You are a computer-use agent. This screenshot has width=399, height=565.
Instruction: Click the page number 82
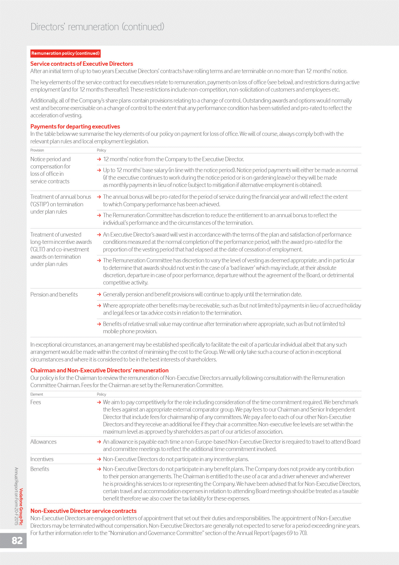pyautogui.click(x=17, y=540)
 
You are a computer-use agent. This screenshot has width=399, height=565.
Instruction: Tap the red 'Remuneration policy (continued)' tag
pyautogui.click(x=65, y=53)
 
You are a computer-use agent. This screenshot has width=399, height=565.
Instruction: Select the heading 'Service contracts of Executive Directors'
pyautogui.click(x=82, y=64)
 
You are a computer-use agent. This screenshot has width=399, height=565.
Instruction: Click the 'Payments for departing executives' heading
pyautogui.click(x=75, y=126)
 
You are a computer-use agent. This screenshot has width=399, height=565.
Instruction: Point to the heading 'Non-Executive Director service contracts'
pyautogui.click(x=83, y=511)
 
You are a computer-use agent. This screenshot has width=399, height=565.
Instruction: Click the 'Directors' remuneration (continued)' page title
pyautogui.click(x=97, y=27)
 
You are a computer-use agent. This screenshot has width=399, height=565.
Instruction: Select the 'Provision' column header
pyautogui.click(x=37, y=150)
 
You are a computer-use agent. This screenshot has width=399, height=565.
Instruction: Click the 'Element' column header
pyautogui.click(x=37, y=394)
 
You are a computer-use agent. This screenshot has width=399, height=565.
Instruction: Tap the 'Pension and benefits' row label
pyautogui.click(x=54, y=294)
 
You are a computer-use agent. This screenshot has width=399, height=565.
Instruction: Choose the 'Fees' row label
pyautogui.click(x=36, y=402)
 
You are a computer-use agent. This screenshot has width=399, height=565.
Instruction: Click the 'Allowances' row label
pyautogui.click(x=43, y=442)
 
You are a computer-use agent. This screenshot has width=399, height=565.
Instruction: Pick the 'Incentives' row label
pyautogui.click(x=42, y=459)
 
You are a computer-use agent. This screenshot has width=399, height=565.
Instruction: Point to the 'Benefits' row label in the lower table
pyautogui.click(x=40, y=469)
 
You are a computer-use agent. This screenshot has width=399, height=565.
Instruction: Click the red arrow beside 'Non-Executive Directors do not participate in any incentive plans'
pyautogui.click(x=99, y=459)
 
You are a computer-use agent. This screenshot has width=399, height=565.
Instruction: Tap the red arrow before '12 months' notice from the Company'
pyautogui.click(x=99, y=159)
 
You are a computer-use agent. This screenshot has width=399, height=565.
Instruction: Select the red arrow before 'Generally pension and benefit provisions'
pyautogui.click(x=99, y=294)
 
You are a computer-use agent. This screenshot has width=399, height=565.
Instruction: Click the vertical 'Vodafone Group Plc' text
pyautogui.click(x=21, y=507)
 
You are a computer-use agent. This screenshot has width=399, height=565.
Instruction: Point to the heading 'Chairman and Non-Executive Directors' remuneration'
pyautogui.click(x=99, y=370)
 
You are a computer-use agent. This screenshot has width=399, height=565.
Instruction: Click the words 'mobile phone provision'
pyautogui.click(x=130, y=331)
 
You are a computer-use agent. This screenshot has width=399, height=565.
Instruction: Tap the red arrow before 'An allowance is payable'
pyautogui.click(x=99, y=442)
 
